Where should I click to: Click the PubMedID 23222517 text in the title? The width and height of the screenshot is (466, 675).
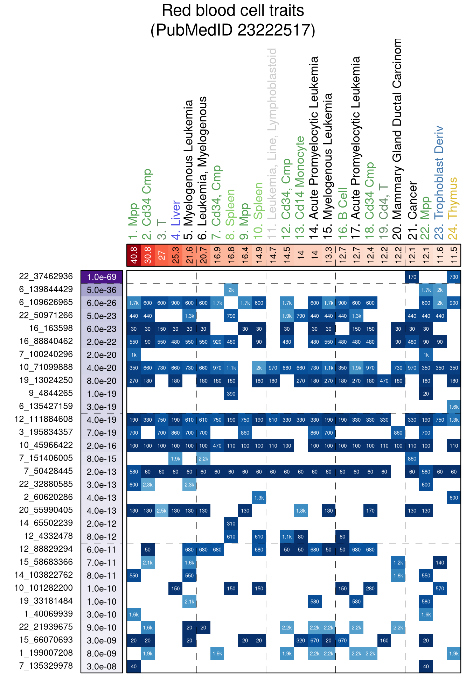(233, 30)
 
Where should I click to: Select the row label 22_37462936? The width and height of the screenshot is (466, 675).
(46, 276)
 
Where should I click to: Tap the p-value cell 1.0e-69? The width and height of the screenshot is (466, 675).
(102, 277)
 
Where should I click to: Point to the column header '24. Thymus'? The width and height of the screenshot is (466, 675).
(453, 208)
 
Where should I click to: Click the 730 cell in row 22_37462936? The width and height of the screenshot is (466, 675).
(454, 277)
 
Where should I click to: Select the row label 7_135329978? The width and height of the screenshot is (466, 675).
(46, 666)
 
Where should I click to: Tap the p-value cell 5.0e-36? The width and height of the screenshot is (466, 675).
(102, 290)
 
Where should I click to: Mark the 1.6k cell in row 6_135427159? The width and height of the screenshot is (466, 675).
(454, 407)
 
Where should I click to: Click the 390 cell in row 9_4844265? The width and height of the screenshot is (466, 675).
(231, 394)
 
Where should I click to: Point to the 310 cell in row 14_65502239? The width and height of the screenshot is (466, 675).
(231, 523)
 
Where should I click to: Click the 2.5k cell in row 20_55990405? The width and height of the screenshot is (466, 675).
(162, 511)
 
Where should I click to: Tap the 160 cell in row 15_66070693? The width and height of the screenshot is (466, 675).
(384, 640)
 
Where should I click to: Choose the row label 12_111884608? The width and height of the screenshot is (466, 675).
(44, 419)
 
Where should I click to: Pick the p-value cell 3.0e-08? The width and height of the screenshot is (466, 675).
(102, 666)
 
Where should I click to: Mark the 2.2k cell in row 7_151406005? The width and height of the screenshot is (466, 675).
(203, 458)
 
